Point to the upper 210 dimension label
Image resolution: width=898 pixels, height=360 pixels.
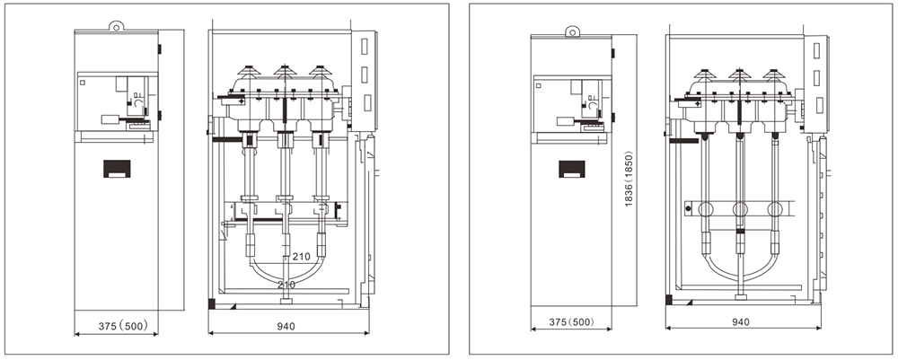point(301,257)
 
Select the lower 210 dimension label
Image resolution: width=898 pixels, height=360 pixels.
point(286,285)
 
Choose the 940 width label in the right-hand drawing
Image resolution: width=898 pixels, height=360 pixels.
point(741,320)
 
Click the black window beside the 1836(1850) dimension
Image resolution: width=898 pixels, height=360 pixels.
point(571,169)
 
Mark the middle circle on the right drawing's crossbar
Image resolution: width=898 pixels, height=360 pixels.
point(740,210)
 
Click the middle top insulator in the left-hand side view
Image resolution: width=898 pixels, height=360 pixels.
point(285,69)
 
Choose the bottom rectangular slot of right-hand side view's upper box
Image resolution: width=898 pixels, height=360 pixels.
point(816,103)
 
